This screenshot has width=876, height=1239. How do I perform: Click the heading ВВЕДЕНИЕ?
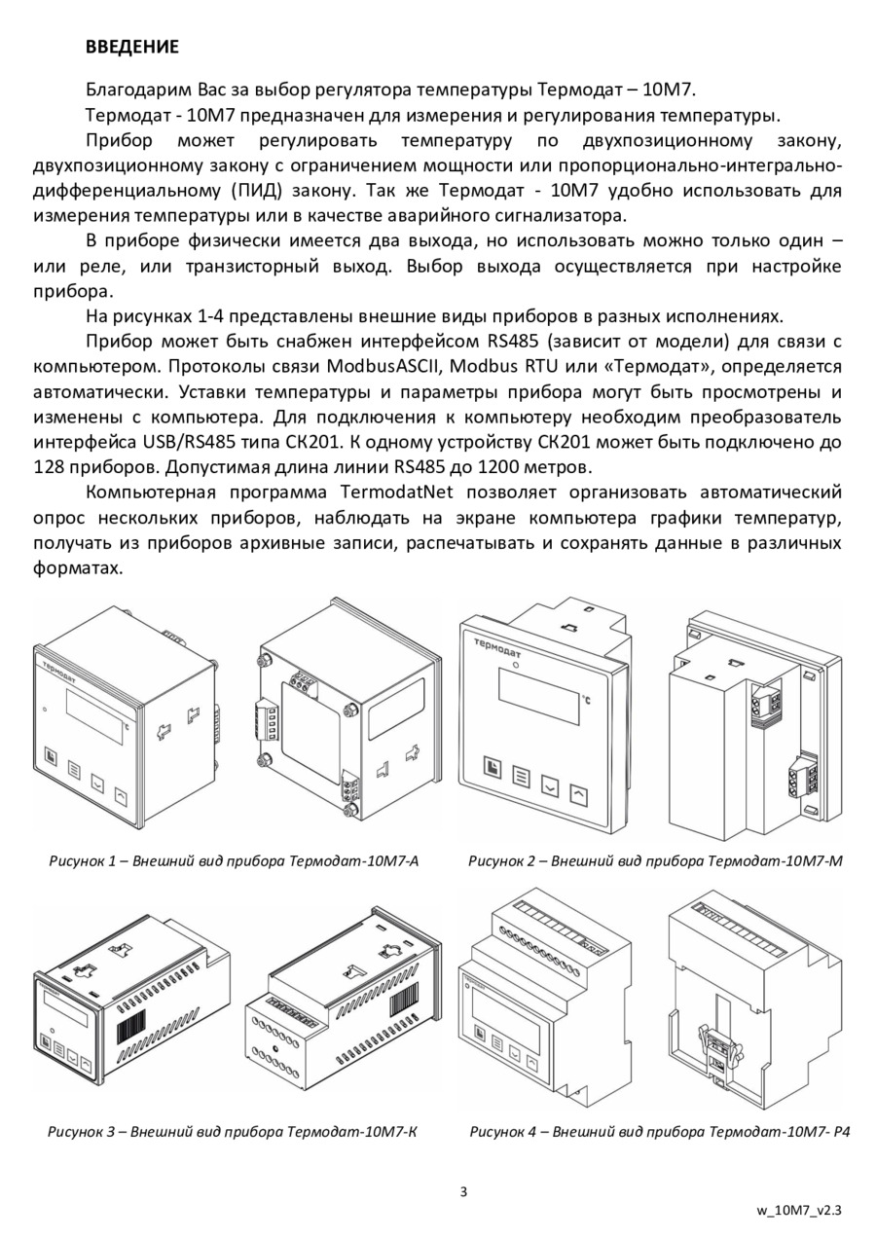point(132,47)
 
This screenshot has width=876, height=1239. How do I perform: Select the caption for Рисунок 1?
point(234,861)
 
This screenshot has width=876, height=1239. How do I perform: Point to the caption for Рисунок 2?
point(655,861)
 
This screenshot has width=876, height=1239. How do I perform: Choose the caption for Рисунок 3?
point(233,1132)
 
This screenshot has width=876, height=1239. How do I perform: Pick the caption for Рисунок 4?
point(660,1132)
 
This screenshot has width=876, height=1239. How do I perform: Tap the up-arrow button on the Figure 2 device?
point(579,795)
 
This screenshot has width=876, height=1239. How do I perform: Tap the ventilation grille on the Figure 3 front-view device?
point(133,1034)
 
